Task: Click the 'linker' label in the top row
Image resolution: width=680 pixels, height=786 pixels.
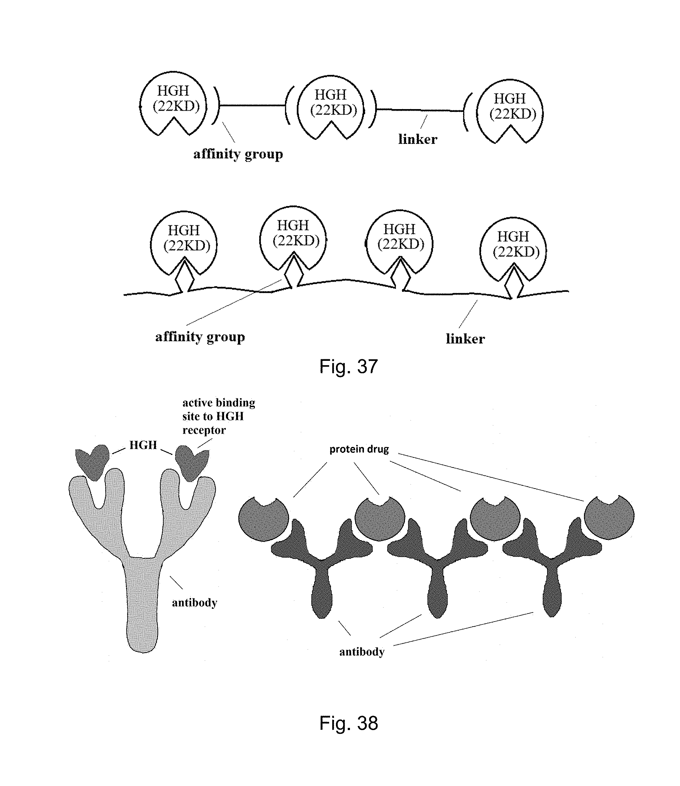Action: (418, 139)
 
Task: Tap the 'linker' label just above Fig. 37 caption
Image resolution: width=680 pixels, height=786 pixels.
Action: (465, 339)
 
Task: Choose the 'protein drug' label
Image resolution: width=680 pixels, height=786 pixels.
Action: (359, 449)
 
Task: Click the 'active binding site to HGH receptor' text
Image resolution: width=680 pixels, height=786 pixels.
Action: (218, 416)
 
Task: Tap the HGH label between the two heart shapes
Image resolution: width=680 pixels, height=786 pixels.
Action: (143, 445)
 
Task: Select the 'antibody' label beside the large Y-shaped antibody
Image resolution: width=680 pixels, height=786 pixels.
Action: (194, 603)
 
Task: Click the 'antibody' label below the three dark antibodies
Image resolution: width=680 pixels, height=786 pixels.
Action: (362, 652)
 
